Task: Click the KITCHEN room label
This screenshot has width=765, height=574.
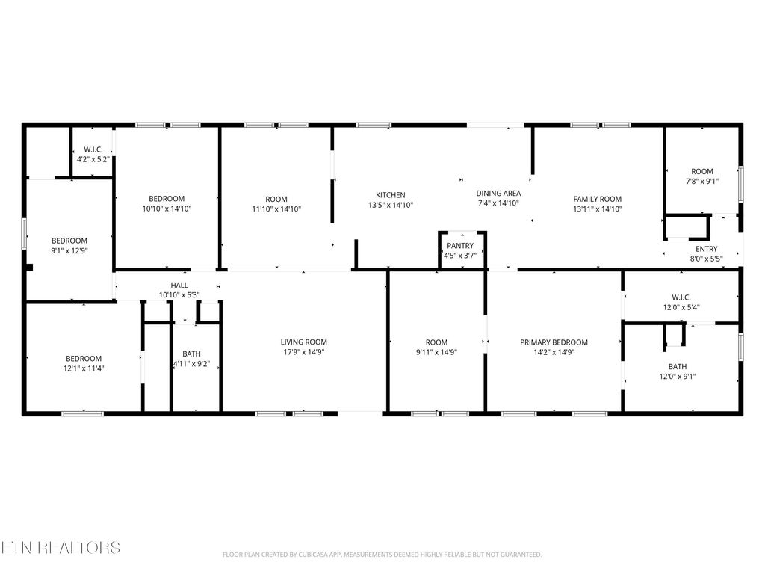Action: point(390,195)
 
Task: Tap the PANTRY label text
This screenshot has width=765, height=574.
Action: point(460,246)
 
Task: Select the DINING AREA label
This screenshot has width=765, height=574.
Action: point(498,193)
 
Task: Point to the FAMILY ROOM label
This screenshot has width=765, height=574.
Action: point(597,199)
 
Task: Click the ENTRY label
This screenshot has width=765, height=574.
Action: point(706,249)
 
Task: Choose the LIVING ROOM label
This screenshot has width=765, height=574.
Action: point(303,342)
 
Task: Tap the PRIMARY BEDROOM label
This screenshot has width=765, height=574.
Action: point(554,342)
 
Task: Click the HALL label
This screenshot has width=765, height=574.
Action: point(179,285)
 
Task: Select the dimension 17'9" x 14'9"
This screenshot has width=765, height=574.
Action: point(303,352)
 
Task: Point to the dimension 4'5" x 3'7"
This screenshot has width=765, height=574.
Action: point(460,256)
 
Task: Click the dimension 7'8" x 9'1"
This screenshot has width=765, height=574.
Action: point(701,181)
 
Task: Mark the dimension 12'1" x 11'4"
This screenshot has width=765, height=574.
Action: point(83,368)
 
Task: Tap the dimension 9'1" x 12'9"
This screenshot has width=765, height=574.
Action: point(69,250)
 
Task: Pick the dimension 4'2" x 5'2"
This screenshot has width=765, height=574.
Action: point(93,159)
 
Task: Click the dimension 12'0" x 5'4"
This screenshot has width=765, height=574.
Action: point(681,306)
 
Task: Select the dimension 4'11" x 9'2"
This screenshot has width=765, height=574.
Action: point(191,364)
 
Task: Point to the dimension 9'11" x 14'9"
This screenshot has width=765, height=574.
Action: point(436,352)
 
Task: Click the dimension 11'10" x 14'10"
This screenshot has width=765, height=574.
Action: point(276,209)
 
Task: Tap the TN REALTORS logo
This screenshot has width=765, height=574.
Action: point(60,548)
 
